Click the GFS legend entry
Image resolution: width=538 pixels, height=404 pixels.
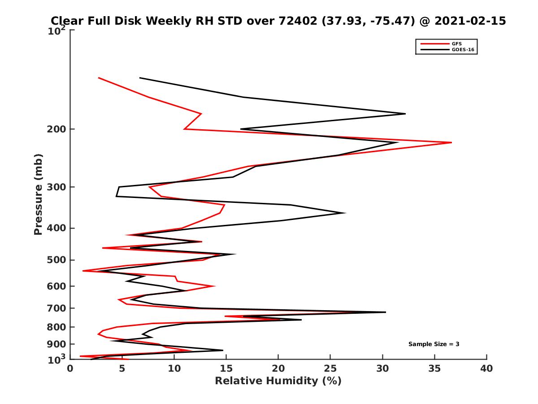pyautogui.click(x=457, y=44)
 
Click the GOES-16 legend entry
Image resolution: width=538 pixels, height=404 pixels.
pyautogui.click(x=462, y=49)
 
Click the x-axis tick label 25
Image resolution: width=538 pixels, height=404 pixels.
pyautogui.click(x=330, y=369)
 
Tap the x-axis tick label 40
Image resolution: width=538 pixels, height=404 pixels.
pyautogui.click(x=486, y=369)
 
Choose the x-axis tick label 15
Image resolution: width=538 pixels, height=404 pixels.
pyautogui.click(x=226, y=369)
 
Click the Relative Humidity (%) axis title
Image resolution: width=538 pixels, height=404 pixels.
pyautogui.click(x=278, y=381)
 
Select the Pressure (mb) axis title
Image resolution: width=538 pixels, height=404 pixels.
pyautogui.click(x=38, y=194)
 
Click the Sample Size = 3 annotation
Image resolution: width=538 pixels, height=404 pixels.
pyautogui.click(x=434, y=344)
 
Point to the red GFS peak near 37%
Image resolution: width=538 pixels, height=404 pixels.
pyautogui.click(x=451, y=142)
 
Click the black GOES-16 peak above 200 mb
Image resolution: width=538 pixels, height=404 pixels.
pyautogui.click(x=405, y=114)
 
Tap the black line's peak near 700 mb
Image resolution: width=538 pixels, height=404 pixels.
pyautogui.click(x=385, y=312)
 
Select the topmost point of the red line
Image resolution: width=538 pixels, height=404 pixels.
pyautogui.click(x=99, y=78)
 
